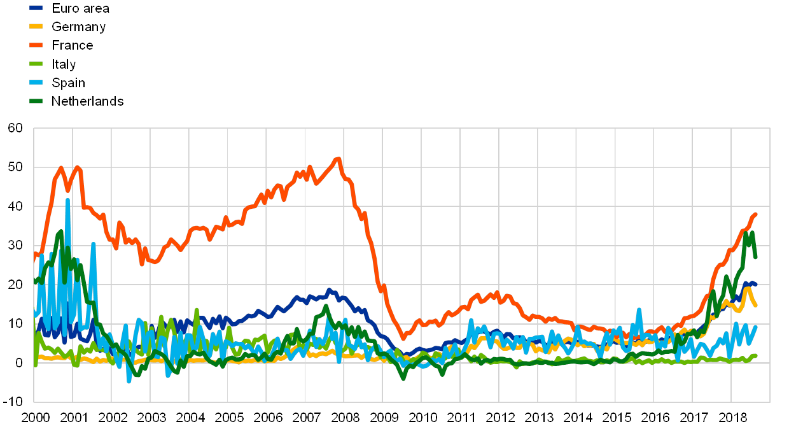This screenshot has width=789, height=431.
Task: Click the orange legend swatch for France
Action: tap(37, 45)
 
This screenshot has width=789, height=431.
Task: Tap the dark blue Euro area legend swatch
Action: tap(37, 8)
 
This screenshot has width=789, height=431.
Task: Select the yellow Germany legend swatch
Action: tap(37, 27)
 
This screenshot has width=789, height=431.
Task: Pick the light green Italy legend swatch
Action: tap(37, 64)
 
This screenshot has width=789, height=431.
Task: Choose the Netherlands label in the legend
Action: tap(87, 101)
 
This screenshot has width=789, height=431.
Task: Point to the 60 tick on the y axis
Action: tap(15, 128)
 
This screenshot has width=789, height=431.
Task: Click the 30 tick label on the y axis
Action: tap(15, 245)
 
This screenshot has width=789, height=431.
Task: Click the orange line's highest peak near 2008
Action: tap(339, 159)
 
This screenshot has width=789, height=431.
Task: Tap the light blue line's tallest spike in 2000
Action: tap(67, 200)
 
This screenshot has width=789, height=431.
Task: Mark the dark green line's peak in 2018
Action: tap(751, 233)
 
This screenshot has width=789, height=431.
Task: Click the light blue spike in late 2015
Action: tap(639, 310)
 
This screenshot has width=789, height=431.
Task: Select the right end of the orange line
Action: tap(755, 215)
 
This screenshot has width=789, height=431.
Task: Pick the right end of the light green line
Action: tap(755, 356)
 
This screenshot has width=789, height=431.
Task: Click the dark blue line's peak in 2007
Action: tap(329, 290)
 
